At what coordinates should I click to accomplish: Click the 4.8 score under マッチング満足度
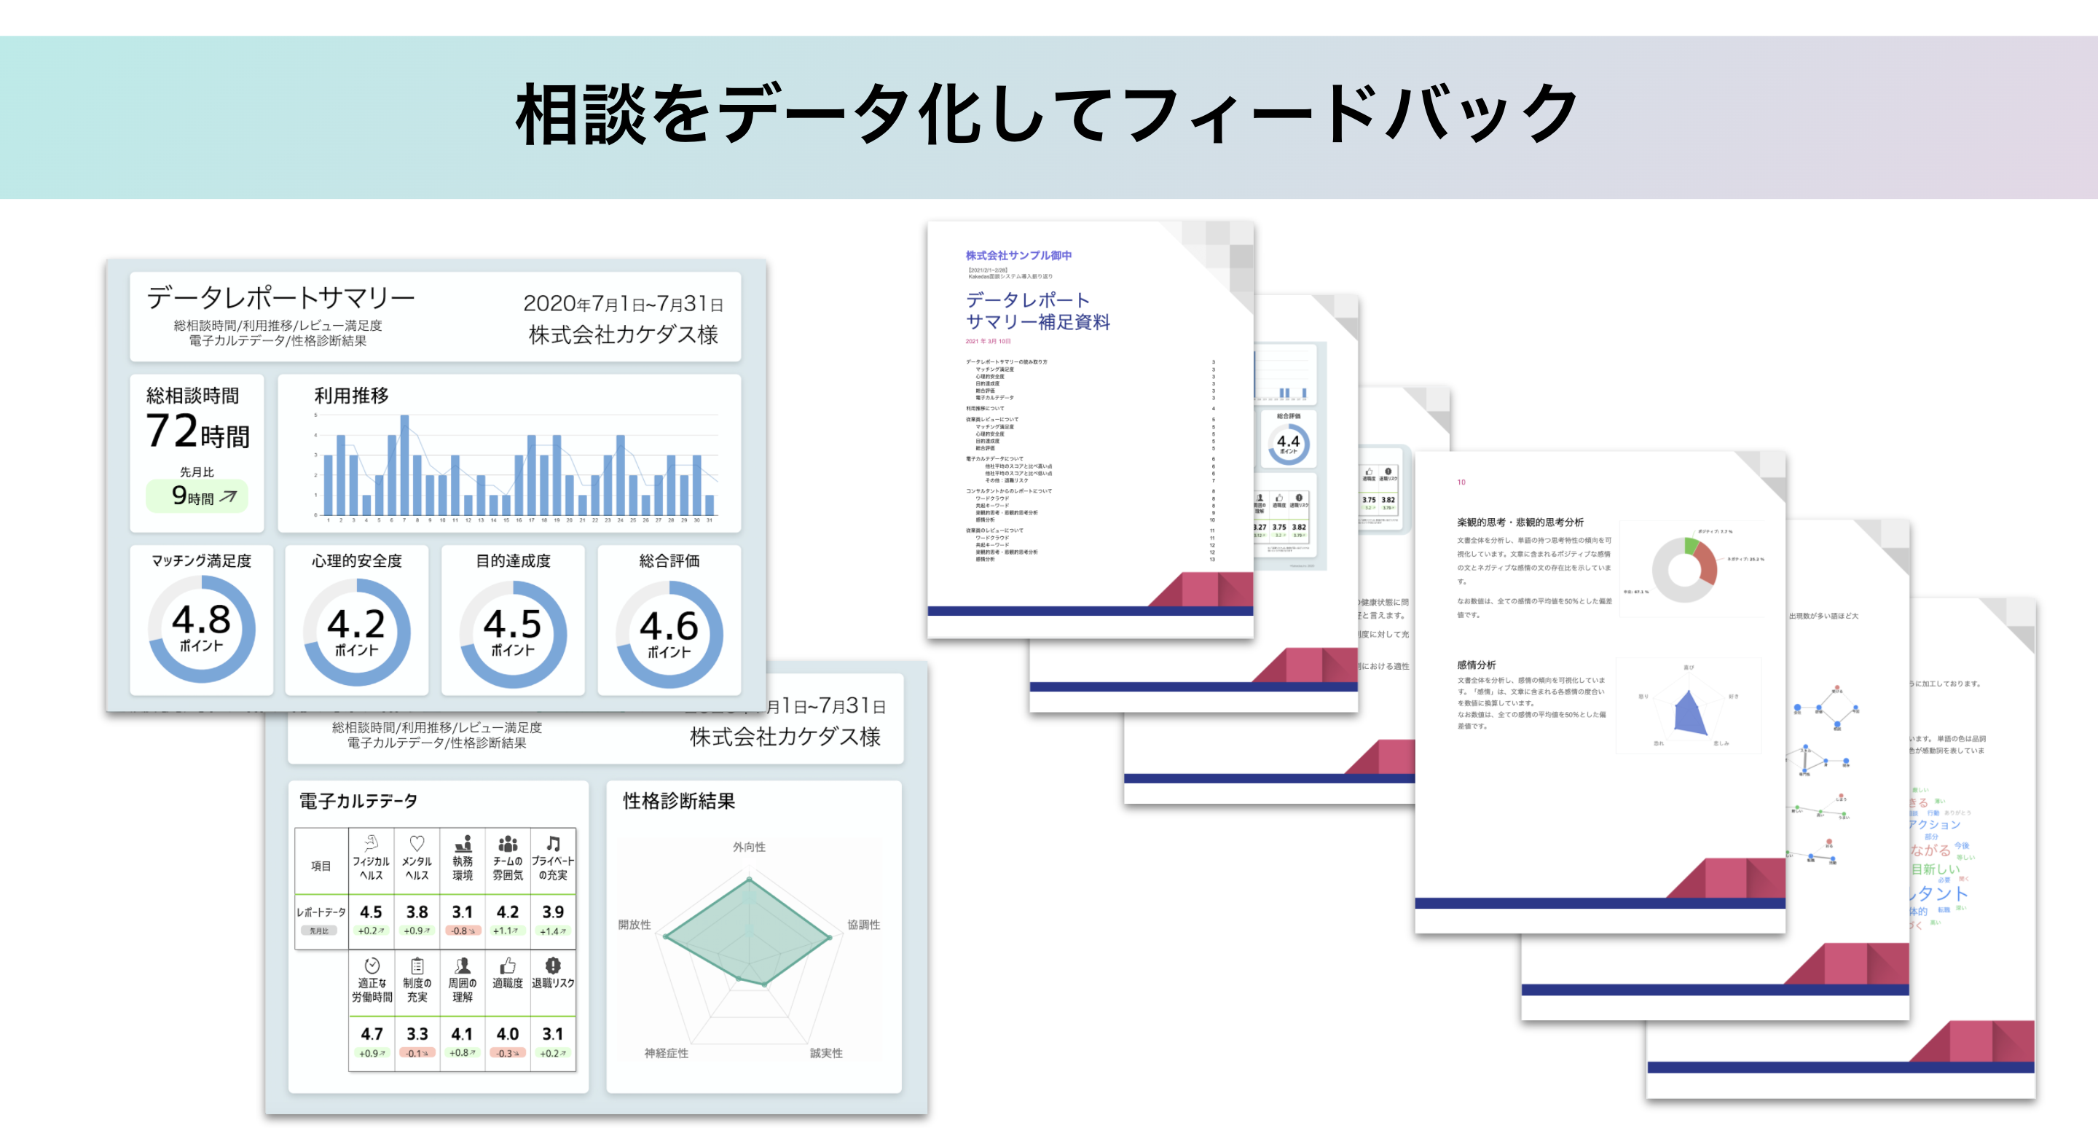(x=201, y=621)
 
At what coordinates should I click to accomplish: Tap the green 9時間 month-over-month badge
(x=197, y=496)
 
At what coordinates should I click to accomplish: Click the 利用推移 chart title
(x=351, y=396)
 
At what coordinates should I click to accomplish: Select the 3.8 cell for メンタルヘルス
(x=417, y=912)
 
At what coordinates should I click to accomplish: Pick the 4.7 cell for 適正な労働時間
(x=372, y=1034)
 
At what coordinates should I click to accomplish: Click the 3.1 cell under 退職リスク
(x=553, y=1034)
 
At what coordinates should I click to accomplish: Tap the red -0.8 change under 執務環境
(x=463, y=931)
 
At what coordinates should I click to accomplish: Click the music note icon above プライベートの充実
(x=553, y=844)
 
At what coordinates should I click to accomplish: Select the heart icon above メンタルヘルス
(x=417, y=844)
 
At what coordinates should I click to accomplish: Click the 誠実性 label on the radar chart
(x=826, y=1053)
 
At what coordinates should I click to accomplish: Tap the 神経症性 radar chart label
(x=667, y=1053)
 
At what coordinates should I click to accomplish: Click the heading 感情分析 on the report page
(x=1477, y=665)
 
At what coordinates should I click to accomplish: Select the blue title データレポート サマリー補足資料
(x=1037, y=311)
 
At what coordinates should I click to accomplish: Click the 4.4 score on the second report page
(x=1288, y=442)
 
